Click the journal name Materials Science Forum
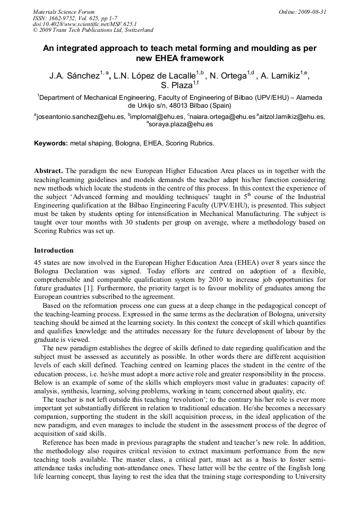click(x=64, y=11)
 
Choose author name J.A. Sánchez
click(x=74, y=76)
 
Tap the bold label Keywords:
click(x=51, y=143)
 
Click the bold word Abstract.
click(x=48, y=171)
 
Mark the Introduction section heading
click(x=54, y=250)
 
